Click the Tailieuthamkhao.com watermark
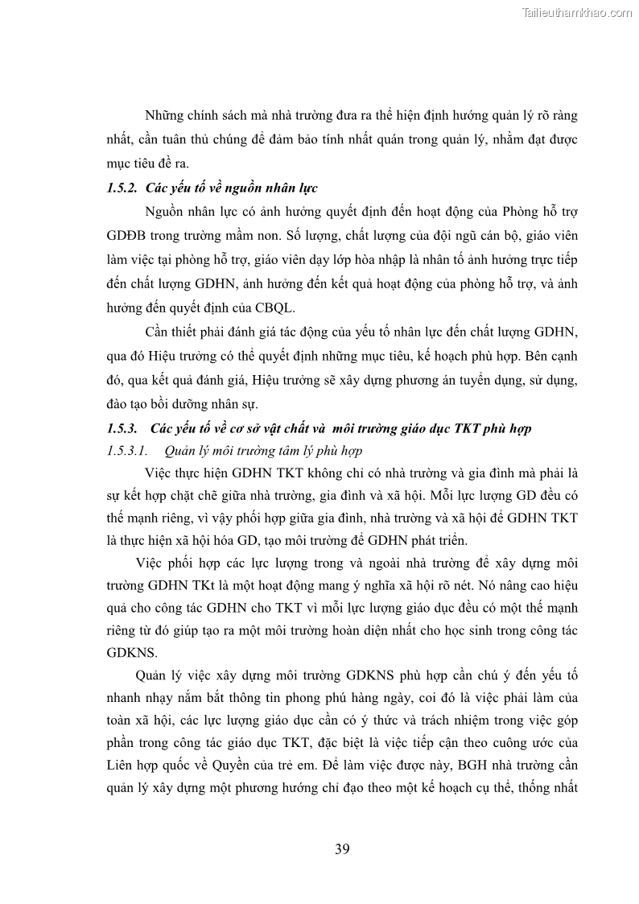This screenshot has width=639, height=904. click(577, 12)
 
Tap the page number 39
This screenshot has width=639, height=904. click(341, 849)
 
